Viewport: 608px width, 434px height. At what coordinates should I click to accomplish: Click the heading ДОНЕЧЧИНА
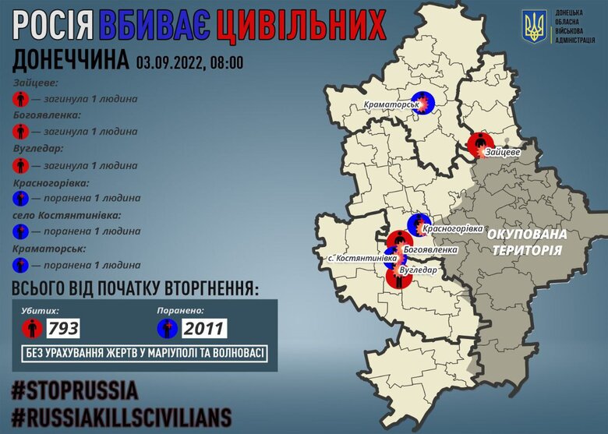pos(71,61)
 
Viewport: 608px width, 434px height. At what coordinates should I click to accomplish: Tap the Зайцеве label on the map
pos(502,152)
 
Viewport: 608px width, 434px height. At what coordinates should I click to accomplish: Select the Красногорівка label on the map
pos(452,230)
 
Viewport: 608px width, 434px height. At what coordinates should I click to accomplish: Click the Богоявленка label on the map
pos(431,250)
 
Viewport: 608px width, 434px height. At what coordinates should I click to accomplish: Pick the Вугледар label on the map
pos(418,270)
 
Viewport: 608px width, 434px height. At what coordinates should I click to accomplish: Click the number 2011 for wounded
pos(204,329)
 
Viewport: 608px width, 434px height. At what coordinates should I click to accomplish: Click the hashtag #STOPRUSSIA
pos(75,389)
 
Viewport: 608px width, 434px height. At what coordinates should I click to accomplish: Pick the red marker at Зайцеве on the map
pos(478,144)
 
